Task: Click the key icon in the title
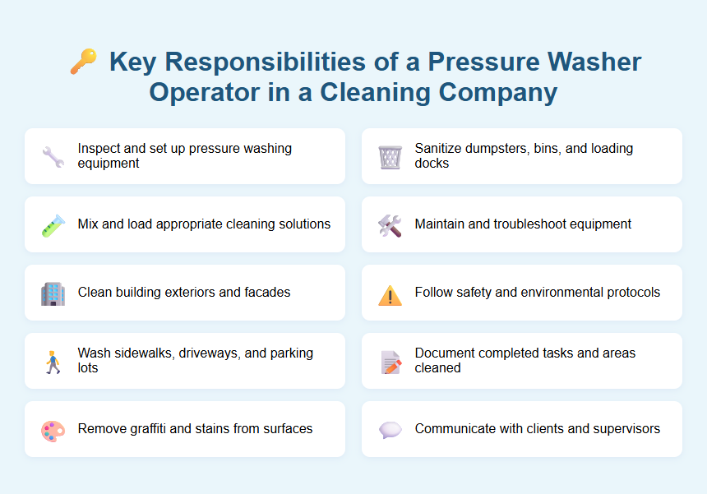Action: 83,62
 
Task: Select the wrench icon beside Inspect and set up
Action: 53,156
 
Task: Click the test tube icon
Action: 53,224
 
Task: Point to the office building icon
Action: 53,293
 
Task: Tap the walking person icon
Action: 53,361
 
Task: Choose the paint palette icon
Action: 53,429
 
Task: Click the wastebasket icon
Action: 390,156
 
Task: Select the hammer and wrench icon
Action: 390,224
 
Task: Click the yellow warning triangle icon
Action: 390,293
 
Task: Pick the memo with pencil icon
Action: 390,361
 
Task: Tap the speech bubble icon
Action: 390,429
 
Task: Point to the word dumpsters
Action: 496,149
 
